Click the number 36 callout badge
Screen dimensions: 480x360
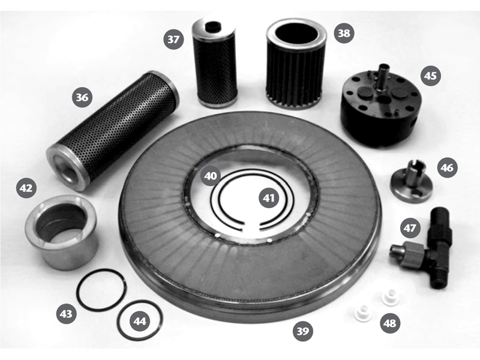pos(82,97)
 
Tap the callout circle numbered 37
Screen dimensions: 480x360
pos(173,39)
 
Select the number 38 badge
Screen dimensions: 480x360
pos(344,33)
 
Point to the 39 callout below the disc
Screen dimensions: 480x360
pos(303,331)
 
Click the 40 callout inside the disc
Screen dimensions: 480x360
pos(211,176)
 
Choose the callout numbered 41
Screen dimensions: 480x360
pos(269,198)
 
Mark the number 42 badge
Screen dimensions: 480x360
pos(26,188)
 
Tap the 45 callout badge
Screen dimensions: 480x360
pos(431,76)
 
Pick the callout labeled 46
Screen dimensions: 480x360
pos(447,167)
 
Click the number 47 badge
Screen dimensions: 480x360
pos(410,228)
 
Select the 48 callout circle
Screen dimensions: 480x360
pos(390,323)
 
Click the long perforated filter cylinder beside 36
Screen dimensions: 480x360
pos(113,131)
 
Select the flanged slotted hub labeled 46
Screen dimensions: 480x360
pos(411,183)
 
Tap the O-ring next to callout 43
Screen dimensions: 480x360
pos(101,290)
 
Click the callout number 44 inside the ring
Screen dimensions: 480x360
pos(140,321)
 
